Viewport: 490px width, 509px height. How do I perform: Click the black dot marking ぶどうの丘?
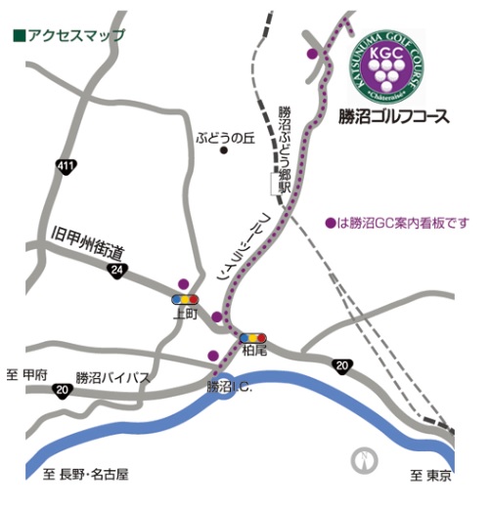point(224,151)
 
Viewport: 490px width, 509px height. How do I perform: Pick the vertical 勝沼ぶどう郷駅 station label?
point(286,148)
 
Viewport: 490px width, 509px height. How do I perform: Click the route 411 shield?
point(66,168)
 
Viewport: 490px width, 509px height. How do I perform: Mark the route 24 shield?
point(117,270)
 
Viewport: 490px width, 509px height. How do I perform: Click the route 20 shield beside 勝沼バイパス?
point(64,391)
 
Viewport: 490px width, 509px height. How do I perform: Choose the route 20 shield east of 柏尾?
point(340,366)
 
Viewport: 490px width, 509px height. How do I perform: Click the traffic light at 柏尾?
point(253,337)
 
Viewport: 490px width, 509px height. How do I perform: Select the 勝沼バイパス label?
point(113,377)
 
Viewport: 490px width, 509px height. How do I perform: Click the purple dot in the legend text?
point(330,222)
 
